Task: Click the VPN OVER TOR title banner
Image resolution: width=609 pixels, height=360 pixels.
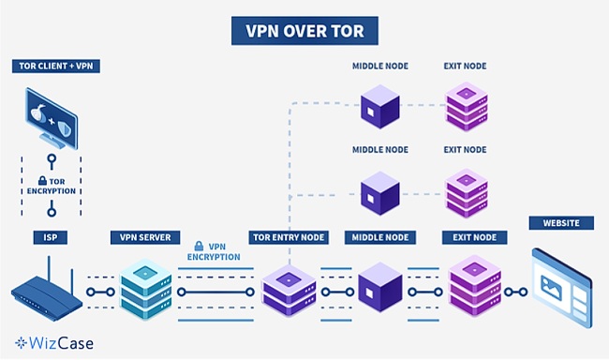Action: click(304, 31)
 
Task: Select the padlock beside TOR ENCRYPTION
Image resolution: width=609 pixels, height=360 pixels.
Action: click(43, 180)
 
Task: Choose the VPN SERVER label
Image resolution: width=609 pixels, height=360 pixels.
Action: click(145, 238)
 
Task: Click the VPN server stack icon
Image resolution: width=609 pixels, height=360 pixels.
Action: click(144, 286)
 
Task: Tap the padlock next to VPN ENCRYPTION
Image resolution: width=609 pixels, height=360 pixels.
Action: click(199, 245)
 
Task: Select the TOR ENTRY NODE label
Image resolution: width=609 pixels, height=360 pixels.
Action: click(287, 238)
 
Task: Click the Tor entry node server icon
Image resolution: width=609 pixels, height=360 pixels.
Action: click(287, 288)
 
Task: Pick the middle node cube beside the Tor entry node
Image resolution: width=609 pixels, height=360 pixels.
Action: click(379, 287)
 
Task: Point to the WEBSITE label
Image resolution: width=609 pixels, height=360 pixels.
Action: click(560, 223)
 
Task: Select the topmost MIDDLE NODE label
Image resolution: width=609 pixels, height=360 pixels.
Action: click(379, 67)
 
